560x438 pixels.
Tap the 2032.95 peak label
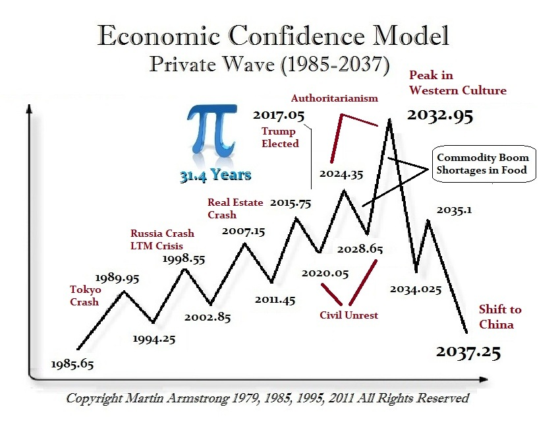(x=439, y=116)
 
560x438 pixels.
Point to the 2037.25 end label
(x=468, y=352)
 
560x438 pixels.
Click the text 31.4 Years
(x=215, y=175)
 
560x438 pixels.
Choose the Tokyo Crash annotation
(x=85, y=296)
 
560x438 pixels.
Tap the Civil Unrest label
(x=349, y=315)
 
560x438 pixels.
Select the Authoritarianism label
(x=335, y=98)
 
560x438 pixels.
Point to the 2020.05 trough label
(x=325, y=272)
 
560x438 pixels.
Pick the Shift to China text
(x=500, y=317)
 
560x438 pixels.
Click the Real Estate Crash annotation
(x=235, y=208)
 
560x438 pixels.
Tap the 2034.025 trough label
(x=415, y=289)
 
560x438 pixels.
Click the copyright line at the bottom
(x=267, y=398)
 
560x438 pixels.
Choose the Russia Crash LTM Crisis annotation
(x=162, y=239)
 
